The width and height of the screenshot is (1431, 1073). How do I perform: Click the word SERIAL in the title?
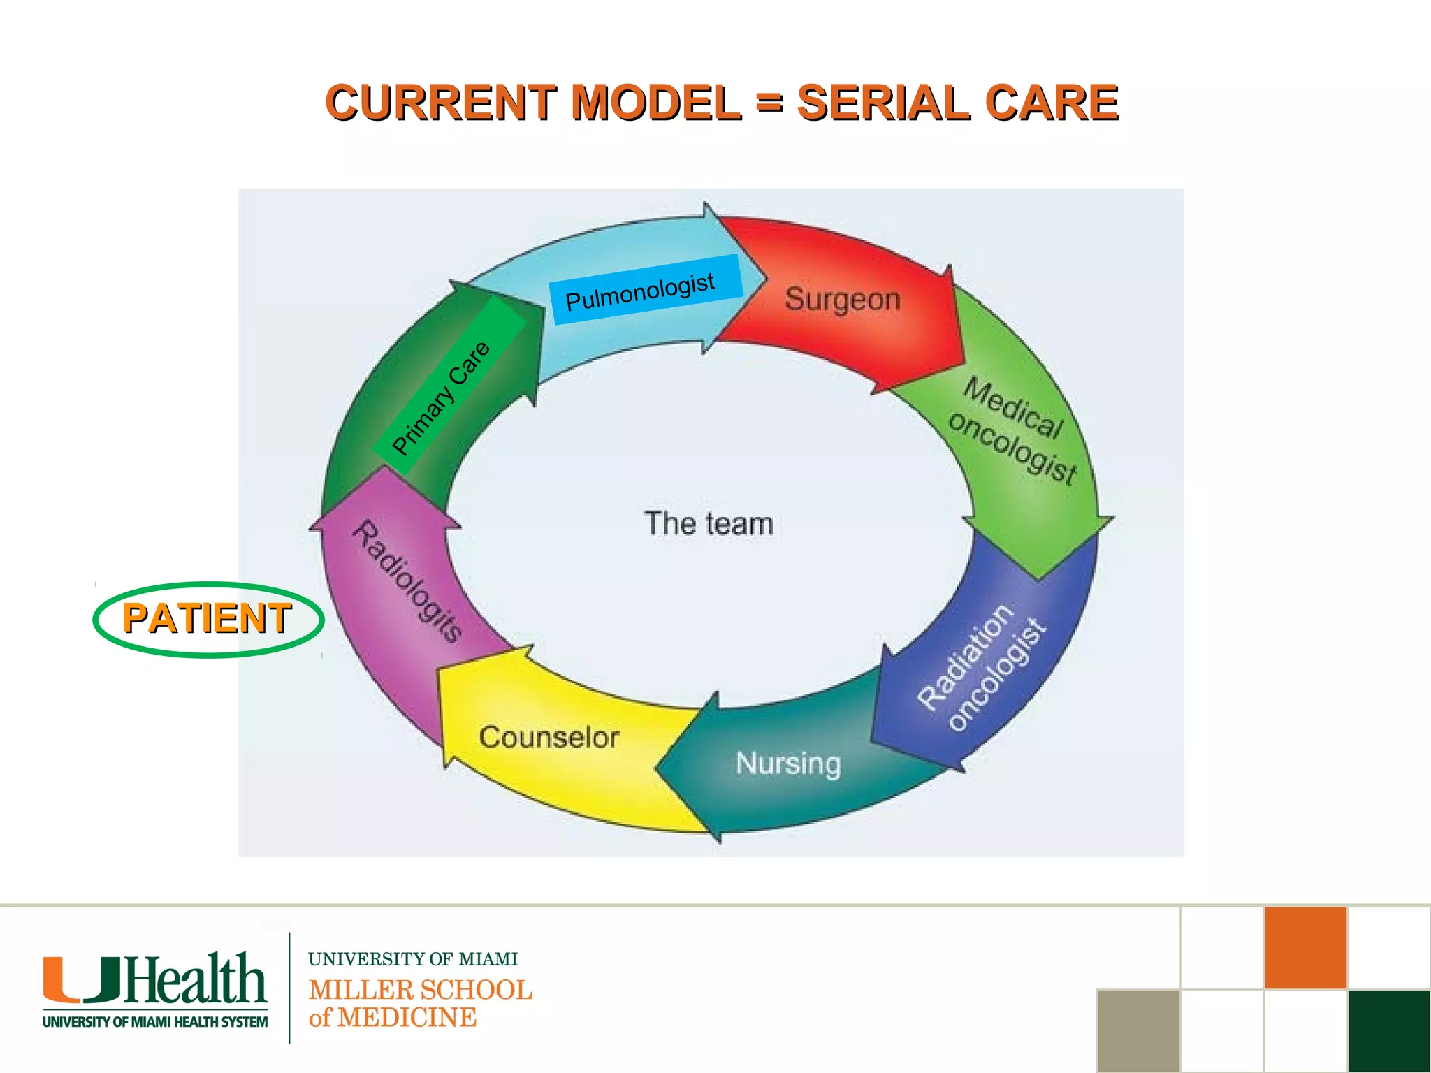point(885,103)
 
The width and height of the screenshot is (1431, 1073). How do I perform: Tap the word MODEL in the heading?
point(655,103)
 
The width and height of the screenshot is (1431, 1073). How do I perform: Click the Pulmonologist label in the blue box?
point(640,291)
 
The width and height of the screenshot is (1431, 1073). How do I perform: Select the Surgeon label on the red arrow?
point(843,300)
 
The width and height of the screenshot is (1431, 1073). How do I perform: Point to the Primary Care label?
point(442,398)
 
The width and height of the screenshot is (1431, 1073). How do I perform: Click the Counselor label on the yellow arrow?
point(549,738)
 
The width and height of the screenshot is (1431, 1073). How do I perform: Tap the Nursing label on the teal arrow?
point(788,763)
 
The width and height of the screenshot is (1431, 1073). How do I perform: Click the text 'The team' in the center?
point(709,524)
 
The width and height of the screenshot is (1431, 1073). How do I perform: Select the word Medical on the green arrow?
point(1013,409)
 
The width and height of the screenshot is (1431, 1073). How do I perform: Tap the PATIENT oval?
point(208,619)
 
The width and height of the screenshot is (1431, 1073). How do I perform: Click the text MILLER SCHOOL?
point(420,990)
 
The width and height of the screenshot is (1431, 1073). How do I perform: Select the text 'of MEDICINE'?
point(392,1018)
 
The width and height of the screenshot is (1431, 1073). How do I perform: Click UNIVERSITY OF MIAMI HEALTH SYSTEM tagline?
point(155,1022)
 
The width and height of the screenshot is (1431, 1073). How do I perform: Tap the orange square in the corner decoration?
point(1305,947)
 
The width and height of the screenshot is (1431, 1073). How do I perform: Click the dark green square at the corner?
point(1389,1030)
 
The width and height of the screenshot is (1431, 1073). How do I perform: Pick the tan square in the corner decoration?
point(1138,1030)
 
